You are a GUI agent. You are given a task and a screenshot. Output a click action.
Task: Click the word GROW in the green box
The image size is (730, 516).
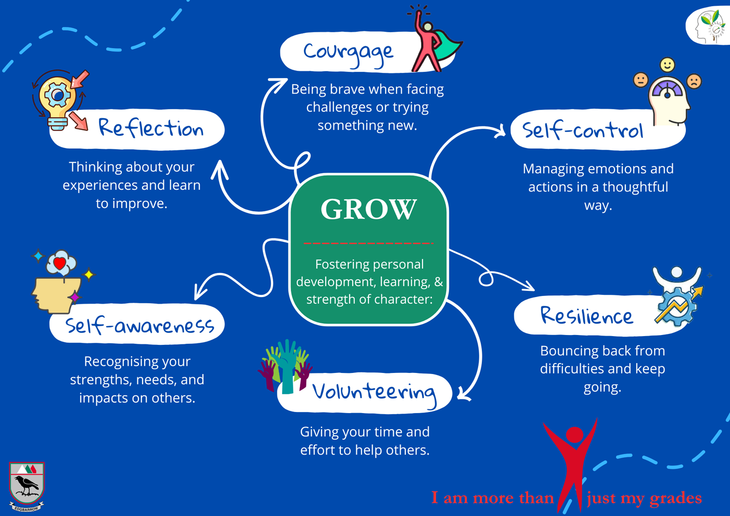click(x=368, y=209)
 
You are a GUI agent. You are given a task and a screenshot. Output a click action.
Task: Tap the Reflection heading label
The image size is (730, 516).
click(x=151, y=128)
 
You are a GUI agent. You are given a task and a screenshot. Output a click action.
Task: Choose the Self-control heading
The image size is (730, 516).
click(x=583, y=130)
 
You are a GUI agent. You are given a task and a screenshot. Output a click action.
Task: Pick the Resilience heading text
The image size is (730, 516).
click(x=586, y=315)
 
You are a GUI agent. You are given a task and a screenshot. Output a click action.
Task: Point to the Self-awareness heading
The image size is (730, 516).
click(x=139, y=326)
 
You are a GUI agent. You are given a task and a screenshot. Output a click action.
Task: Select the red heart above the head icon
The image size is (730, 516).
click(x=60, y=263)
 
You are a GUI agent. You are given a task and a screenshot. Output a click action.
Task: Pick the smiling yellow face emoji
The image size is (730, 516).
click(x=667, y=65)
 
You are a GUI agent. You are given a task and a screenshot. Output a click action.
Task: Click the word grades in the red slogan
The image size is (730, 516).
click(x=676, y=498)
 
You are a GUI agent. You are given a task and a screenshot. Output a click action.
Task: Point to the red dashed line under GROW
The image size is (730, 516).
click(x=368, y=243)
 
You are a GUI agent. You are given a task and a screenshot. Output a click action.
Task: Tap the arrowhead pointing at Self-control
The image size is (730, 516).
click(x=501, y=131)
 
